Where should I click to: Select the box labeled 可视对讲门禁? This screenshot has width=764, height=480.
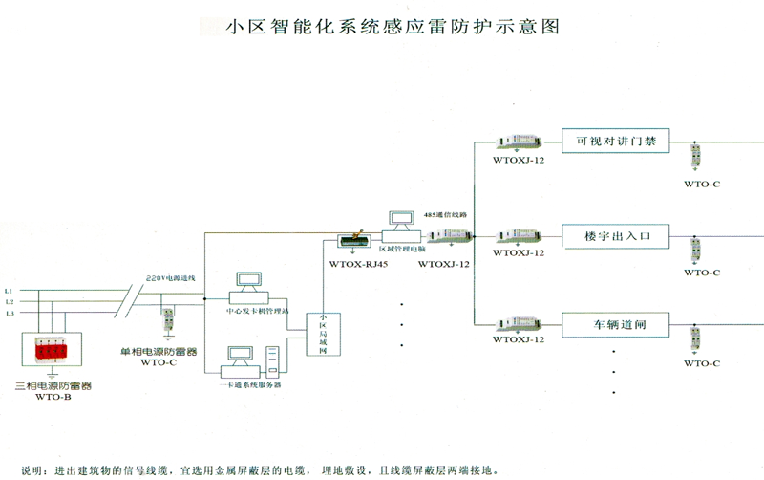(x=615, y=142)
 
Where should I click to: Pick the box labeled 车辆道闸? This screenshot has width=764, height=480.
(x=615, y=325)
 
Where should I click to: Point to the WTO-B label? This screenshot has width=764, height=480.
(x=53, y=398)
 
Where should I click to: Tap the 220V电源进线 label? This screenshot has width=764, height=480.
(x=172, y=277)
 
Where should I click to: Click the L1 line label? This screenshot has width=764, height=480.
(x=9, y=290)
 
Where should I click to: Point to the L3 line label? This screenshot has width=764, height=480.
(x=9, y=313)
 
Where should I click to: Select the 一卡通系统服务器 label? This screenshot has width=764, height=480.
(x=251, y=384)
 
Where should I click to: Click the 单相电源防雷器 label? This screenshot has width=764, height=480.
(x=159, y=352)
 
